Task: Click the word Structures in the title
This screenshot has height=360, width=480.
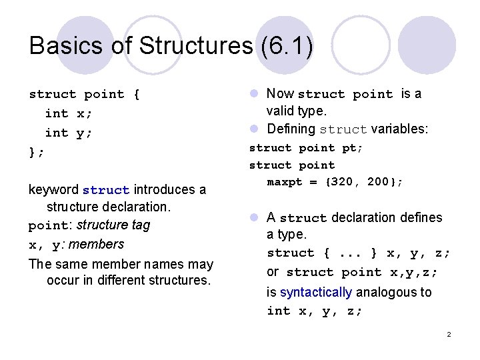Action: (x=193, y=46)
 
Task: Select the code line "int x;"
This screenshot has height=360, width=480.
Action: (x=68, y=113)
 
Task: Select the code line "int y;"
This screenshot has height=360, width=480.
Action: (x=68, y=133)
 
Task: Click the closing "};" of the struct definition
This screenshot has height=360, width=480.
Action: (x=37, y=152)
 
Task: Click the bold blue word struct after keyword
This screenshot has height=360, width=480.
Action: (x=106, y=190)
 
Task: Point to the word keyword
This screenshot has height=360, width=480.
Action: (x=53, y=189)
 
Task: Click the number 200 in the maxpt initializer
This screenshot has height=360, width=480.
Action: (x=377, y=181)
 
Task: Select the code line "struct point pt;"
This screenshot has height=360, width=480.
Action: (x=306, y=148)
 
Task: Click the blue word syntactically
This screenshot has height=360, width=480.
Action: (x=316, y=292)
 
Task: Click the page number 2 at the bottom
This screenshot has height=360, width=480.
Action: (x=449, y=334)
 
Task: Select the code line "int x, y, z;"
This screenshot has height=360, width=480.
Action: (x=315, y=311)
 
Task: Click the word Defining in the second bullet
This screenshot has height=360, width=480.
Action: (x=291, y=129)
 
